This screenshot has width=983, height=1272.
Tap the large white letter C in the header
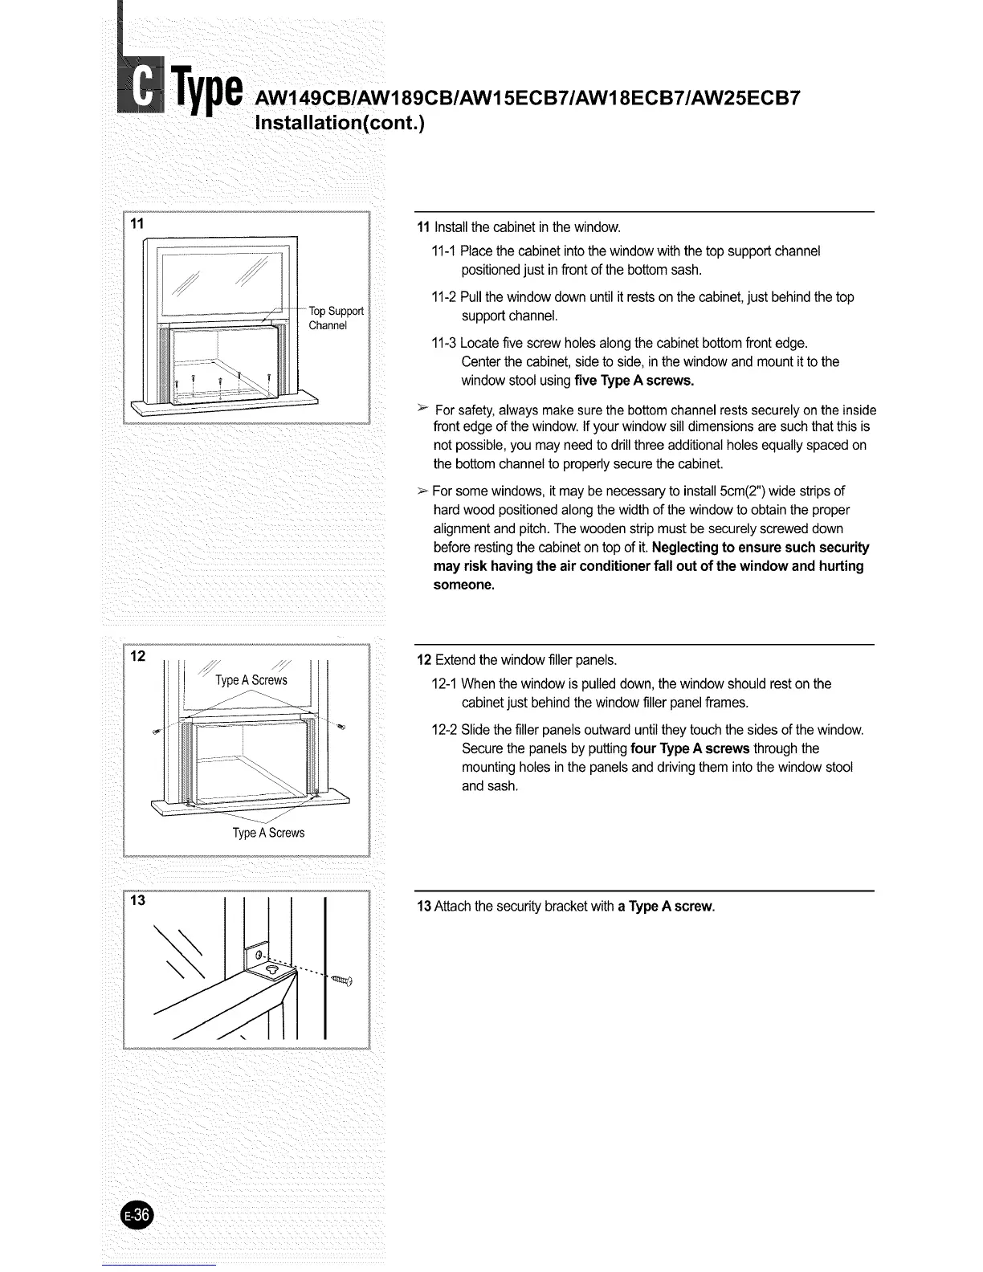click(144, 91)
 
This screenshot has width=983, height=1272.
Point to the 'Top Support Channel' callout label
click(336, 318)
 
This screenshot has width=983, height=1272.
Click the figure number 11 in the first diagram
click(138, 224)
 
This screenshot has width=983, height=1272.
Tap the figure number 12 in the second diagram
click(139, 656)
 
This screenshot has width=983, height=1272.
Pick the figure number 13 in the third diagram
click(139, 900)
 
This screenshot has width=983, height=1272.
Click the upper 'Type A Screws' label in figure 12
click(251, 680)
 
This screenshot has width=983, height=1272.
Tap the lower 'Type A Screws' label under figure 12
click(268, 833)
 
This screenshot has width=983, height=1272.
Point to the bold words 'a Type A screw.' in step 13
click(666, 907)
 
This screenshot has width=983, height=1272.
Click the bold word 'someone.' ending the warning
click(464, 585)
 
